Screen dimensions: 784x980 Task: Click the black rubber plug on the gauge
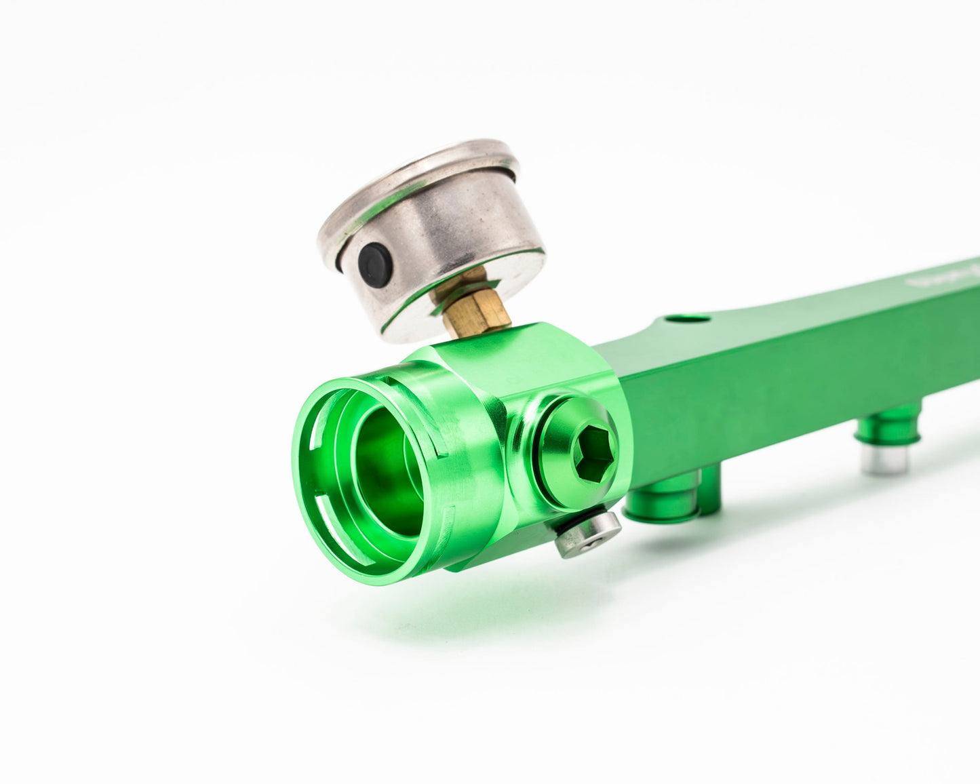[375, 264]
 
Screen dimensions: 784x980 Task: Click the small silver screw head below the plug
[588, 533]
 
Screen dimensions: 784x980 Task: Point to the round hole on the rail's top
[686, 319]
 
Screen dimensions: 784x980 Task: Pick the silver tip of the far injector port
[884, 459]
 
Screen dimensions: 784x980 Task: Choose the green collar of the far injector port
[888, 427]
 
